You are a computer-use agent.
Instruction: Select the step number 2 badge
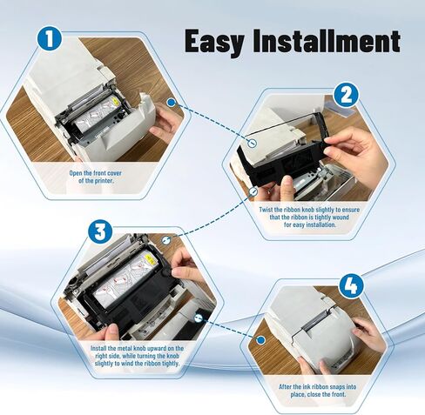[x=346, y=94]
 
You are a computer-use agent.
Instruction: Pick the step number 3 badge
[x=100, y=231]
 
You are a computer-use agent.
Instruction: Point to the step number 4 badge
[x=351, y=284]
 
